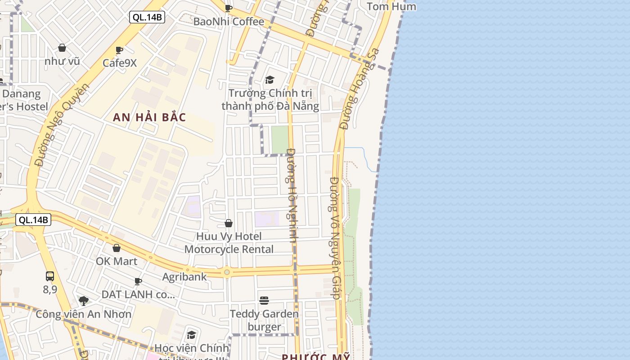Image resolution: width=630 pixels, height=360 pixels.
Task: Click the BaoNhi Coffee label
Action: pos(229,22)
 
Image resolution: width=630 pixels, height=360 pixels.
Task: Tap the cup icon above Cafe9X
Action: pos(119,50)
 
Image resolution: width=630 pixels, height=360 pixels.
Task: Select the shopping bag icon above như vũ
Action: pos(62,48)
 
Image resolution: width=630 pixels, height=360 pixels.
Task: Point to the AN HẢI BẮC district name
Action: pos(149,117)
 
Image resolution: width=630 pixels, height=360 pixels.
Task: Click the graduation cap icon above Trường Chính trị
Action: pos(270,80)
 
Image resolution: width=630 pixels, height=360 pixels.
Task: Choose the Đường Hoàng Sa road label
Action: pos(360,89)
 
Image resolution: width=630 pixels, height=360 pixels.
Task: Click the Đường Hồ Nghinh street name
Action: pos(291,196)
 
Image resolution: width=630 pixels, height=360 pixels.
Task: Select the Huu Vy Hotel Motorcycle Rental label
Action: pos(229,243)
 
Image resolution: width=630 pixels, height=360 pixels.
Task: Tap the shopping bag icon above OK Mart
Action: pos(117,248)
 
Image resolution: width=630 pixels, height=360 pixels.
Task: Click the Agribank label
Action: pos(184,277)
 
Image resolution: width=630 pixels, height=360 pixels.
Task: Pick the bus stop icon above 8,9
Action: pos(50,276)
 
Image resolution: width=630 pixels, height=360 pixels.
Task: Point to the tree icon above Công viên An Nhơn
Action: pos(83,301)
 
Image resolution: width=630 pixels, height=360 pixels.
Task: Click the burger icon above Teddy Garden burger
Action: pos(264,300)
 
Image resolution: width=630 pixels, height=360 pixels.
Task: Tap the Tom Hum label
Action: pos(391,6)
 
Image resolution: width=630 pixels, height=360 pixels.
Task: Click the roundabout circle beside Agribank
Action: pos(227,272)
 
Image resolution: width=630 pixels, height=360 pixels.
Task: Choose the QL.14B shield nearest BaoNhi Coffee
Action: pos(147,18)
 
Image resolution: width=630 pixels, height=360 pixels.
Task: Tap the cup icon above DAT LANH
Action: pos(138,281)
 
